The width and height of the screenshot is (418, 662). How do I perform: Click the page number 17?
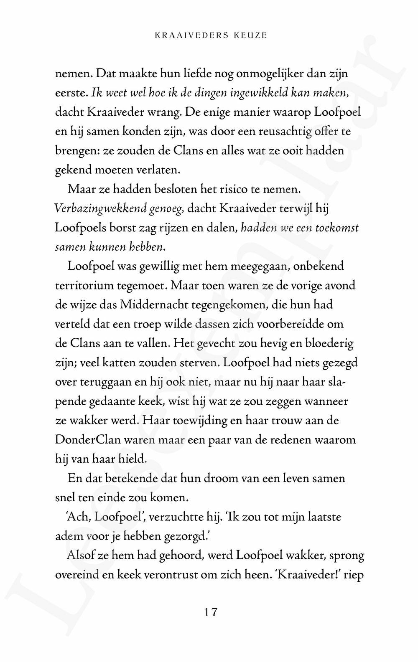click(x=211, y=612)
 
